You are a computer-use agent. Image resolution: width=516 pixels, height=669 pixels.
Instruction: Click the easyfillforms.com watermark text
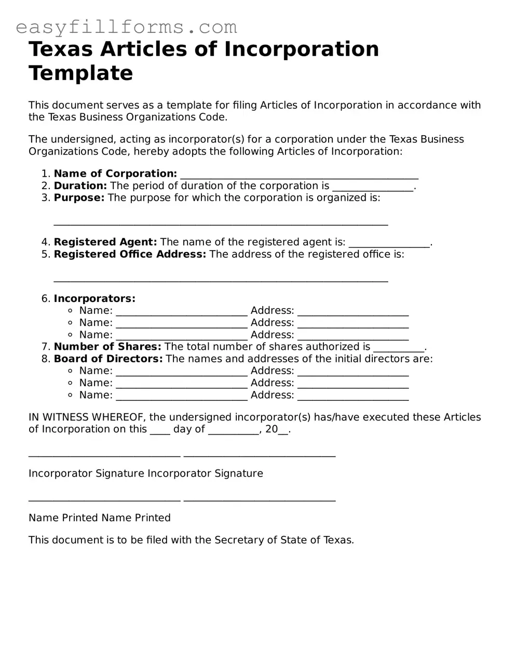[x=126, y=27]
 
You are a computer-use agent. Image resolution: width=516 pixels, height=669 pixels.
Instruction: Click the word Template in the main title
[x=80, y=73]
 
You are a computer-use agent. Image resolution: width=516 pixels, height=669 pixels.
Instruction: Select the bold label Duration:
[x=80, y=186]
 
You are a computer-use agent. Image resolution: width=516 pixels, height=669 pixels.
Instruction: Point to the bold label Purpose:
[x=79, y=198]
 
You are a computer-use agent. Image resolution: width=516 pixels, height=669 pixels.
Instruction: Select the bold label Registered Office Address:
[x=130, y=254]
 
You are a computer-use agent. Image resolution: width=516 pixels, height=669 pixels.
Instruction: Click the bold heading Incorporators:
[x=94, y=298]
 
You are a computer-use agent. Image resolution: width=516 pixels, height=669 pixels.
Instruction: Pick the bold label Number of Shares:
[x=107, y=347]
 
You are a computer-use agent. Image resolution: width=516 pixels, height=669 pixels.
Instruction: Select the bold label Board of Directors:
[x=108, y=359]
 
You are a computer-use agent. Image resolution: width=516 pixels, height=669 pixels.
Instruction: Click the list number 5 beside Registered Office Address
[x=45, y=254]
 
